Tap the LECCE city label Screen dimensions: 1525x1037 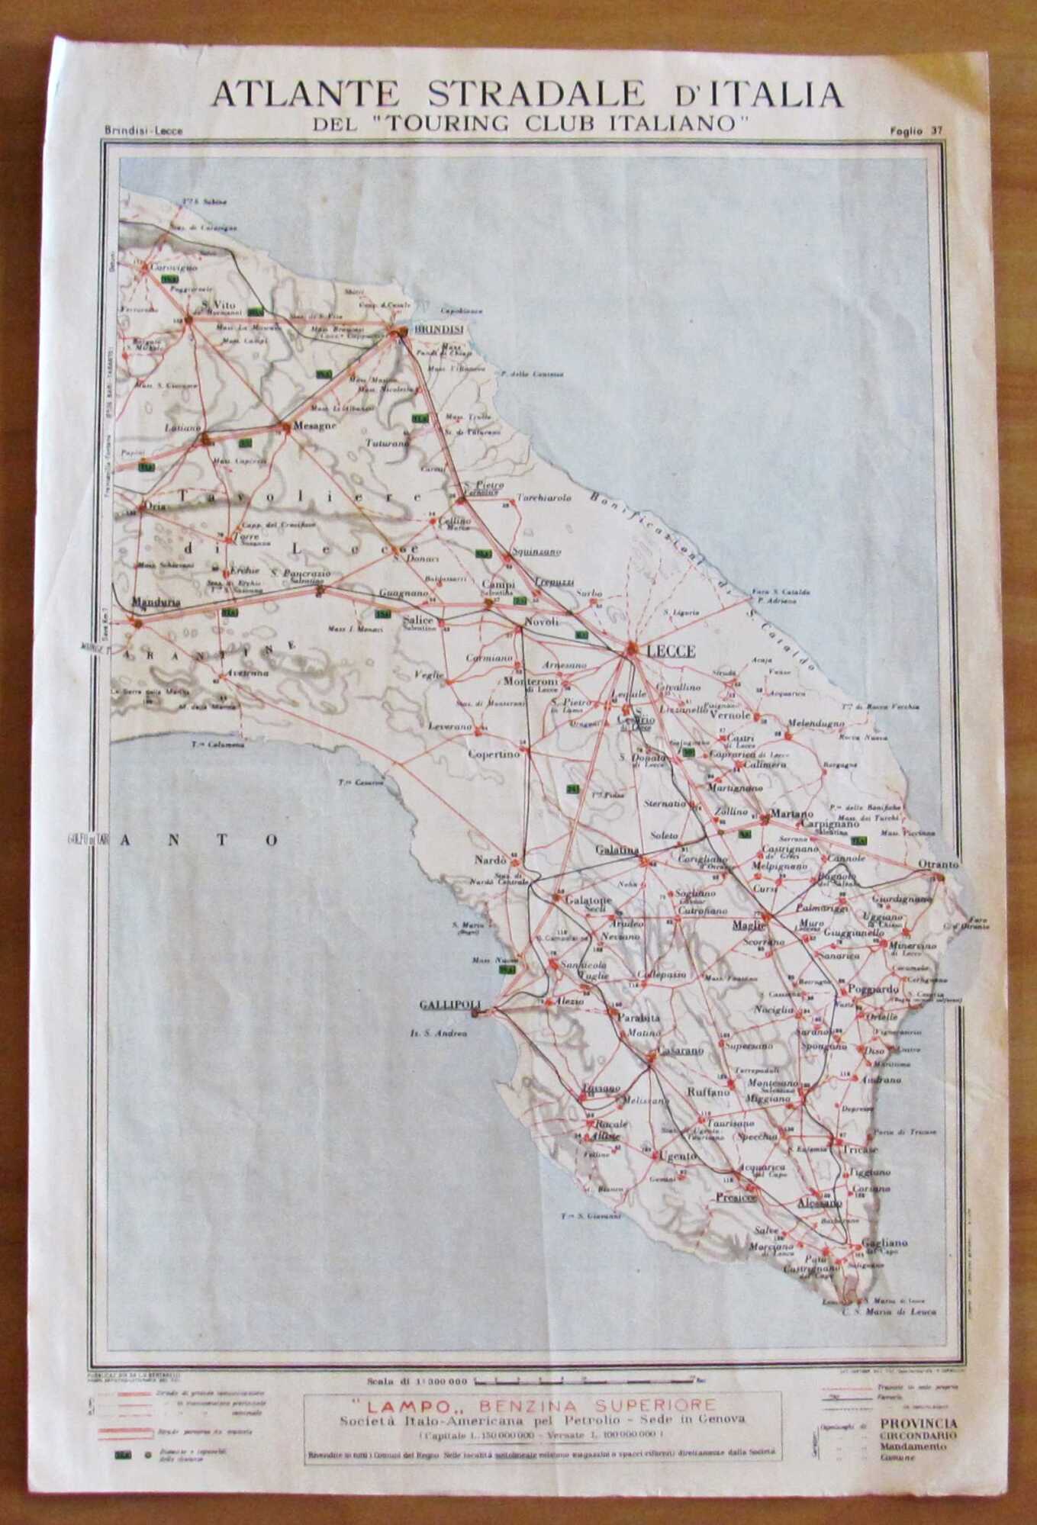pos(670,651)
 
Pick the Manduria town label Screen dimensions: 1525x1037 pos(156,603)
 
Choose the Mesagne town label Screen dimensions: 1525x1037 pos(314,426)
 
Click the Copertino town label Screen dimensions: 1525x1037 pos(494,753)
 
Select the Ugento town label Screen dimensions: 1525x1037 pos(678,1156)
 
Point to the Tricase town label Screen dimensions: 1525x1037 pos(860,1149)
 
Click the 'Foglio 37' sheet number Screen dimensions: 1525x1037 pos(916,130)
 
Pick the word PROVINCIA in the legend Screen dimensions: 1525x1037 pos(918,1424)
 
